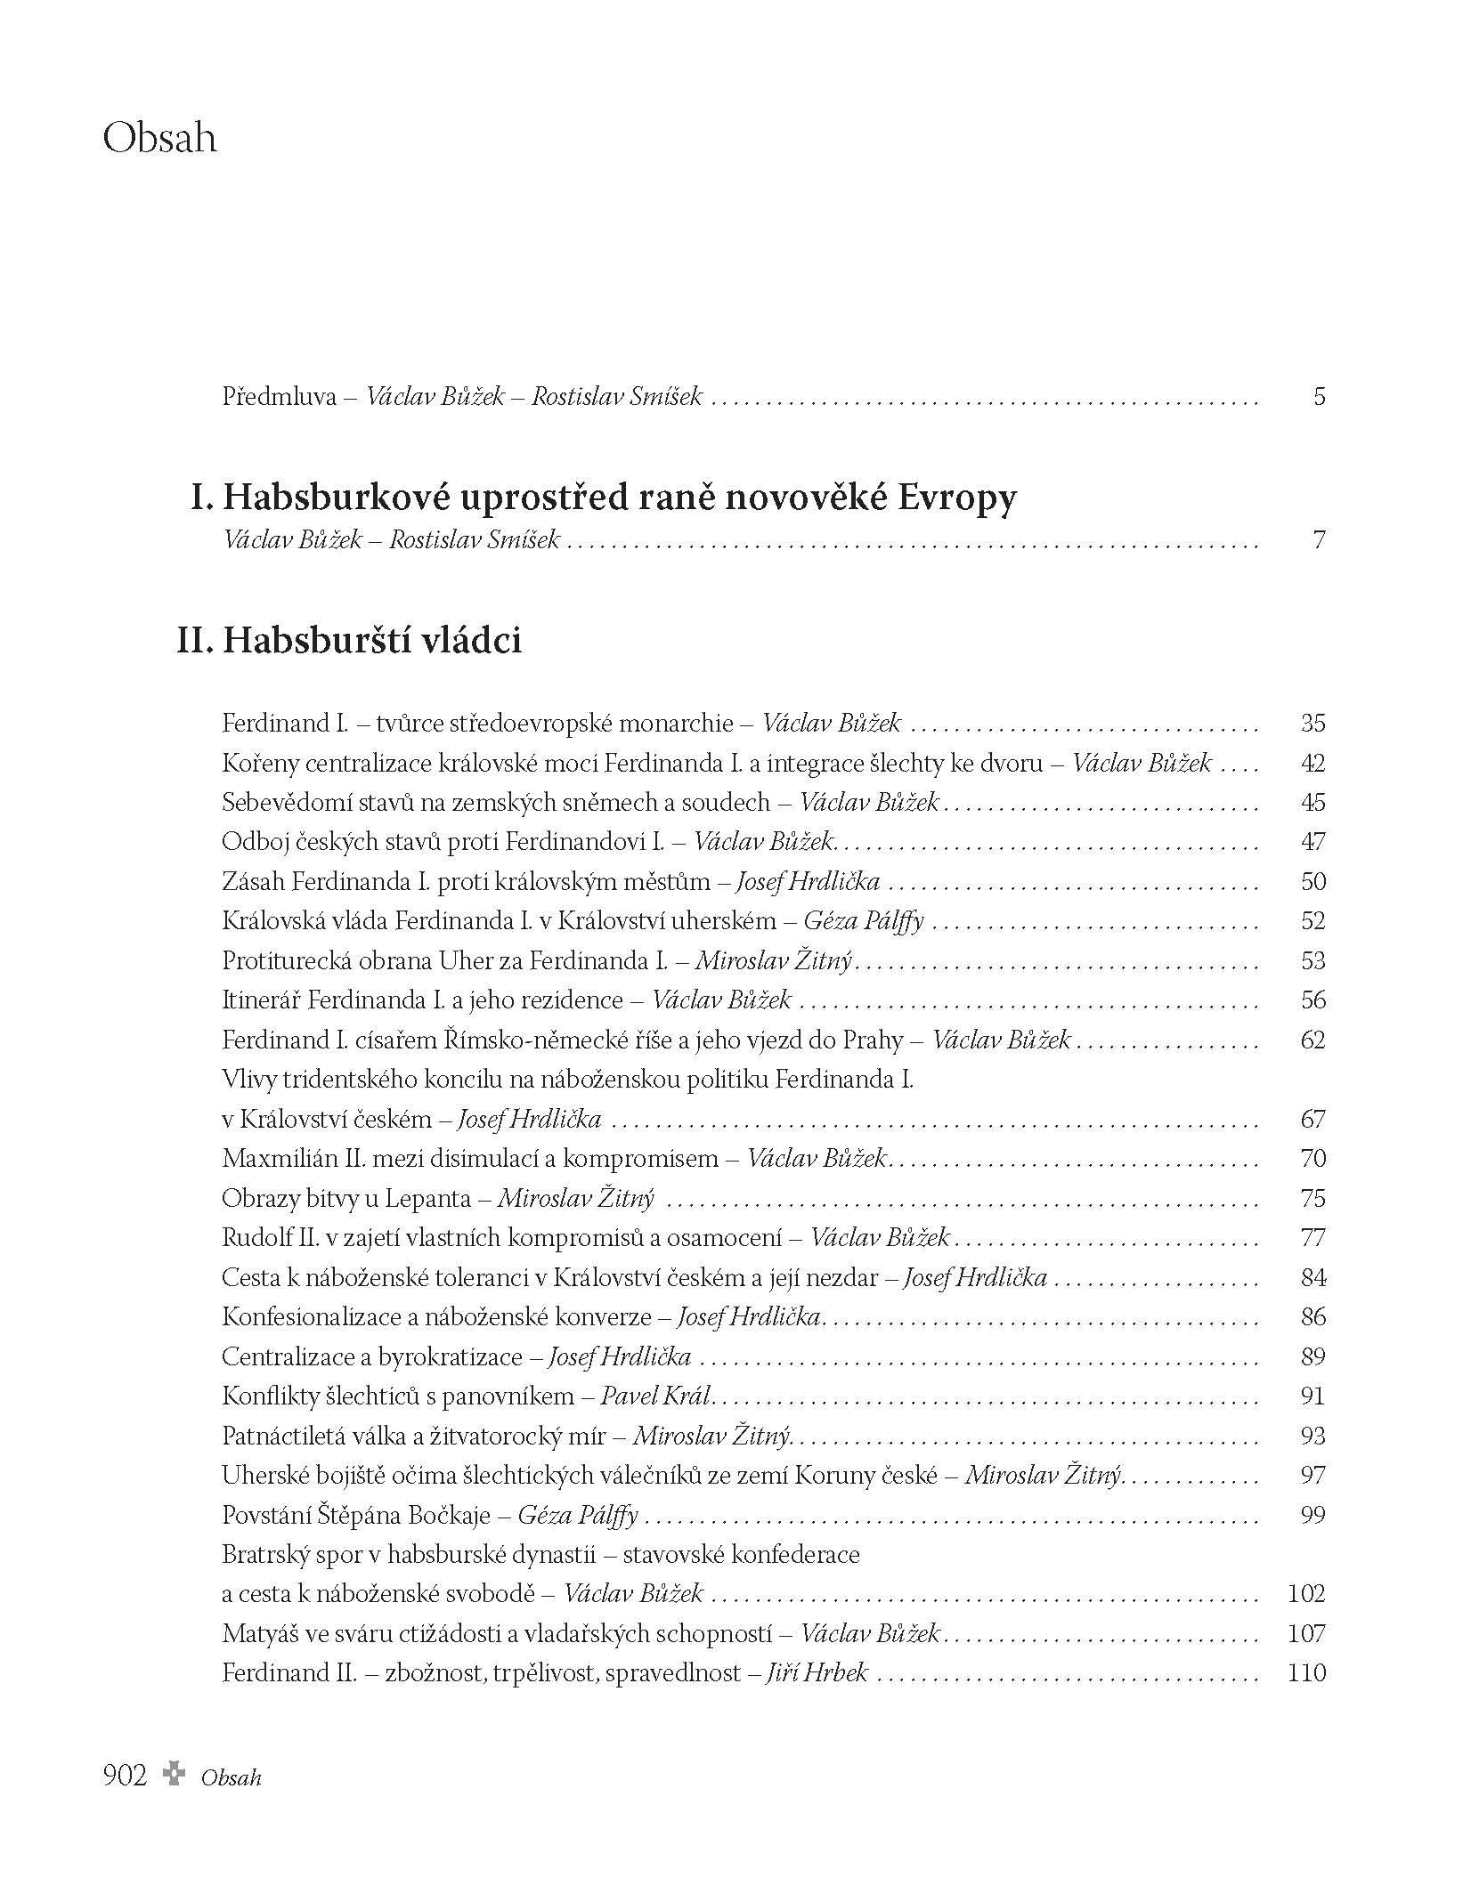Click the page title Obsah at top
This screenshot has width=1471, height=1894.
[160, 139]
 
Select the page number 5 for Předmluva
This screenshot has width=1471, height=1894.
[1319, 396]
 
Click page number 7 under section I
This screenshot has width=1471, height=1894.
[1319, 539]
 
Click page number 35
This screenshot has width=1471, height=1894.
[1313, 723]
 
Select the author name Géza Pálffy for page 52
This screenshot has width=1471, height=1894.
[863, 921]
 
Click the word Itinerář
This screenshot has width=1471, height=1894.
[260, 1000]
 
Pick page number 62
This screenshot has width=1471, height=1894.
[1313, 1040]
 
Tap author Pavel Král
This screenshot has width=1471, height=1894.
[655, 1396]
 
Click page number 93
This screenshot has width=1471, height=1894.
[1313, 1437]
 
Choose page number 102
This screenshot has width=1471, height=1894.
[1307, 1594]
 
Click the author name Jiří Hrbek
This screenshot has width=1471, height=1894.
[817, 1673]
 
